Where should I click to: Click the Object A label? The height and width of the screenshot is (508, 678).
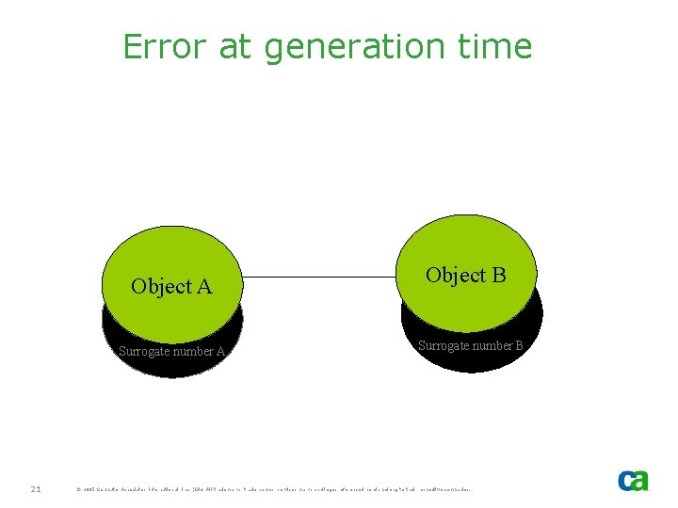coord(171,286)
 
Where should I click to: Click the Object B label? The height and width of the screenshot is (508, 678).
coord(465,275)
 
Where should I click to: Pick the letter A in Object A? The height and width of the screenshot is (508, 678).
coord(203,286)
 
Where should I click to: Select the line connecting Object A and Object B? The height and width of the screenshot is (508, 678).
coord(320,278)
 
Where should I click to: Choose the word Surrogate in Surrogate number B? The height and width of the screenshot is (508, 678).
coord(441,345)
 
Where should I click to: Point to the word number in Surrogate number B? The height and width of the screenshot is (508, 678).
coord(490,345)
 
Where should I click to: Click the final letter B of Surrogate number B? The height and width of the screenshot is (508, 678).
coord(519,345)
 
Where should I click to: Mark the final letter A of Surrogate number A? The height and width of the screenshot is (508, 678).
coord(220,352)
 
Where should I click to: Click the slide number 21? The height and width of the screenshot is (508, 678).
coord(35,488)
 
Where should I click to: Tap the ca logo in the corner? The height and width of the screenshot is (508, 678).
coord(633,480)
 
